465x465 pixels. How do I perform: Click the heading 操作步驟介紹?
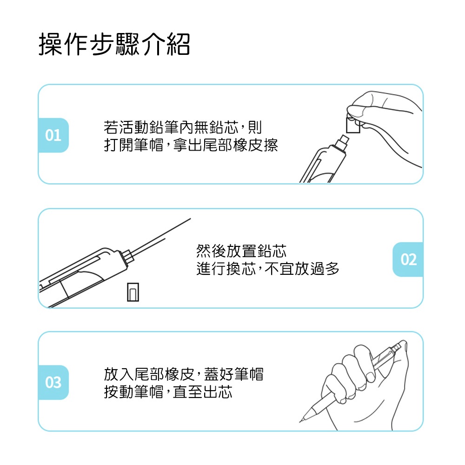tap(114, 44)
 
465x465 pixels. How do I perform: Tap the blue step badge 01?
tap(53, 135)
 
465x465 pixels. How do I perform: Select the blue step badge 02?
tap(408, 259)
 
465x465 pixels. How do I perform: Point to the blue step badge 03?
tap(53, 383)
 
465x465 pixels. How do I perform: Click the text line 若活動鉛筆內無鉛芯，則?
tap(183, 127)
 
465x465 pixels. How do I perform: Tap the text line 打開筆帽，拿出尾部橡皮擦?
tap(191, 145)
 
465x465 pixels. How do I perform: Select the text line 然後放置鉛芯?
tap(241, 251)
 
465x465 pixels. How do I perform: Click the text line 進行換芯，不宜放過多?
tap(267, 269)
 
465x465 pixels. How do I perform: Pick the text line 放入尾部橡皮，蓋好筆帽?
tap(184, 374)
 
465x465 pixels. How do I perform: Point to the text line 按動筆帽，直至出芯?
tap(168, 392)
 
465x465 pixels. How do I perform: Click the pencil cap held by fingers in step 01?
tap(353, 125)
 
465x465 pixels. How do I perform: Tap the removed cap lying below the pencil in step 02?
tap(133, 292)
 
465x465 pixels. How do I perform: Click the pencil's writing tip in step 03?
tap(301, 420)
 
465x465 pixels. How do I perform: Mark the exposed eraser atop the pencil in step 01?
tap(343, 141)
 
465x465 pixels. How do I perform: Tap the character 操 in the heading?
tap(50, 44)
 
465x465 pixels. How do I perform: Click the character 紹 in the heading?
tap(178, 44)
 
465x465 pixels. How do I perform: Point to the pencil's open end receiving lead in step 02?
tap(127, 256)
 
